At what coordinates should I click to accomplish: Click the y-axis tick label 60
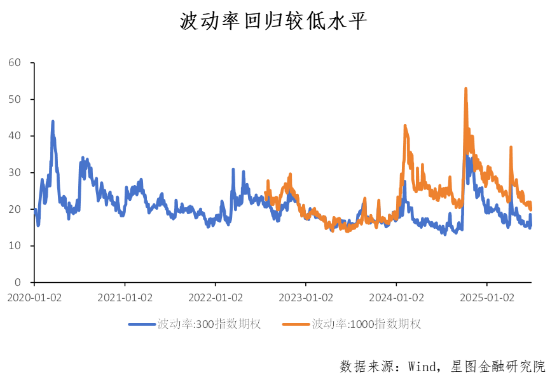(15, 63)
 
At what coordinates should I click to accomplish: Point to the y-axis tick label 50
(15, 100)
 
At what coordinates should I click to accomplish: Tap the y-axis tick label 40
(15, 136)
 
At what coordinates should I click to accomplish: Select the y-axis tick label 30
(15, 173)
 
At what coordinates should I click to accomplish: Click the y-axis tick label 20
(15, 209)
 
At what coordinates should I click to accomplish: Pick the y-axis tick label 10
(15, 246)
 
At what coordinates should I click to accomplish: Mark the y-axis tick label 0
(17, 282)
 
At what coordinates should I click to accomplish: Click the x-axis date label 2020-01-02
(34, 297)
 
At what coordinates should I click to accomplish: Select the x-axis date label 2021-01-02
(125, 297)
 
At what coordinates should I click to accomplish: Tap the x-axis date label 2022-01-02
(216, 297)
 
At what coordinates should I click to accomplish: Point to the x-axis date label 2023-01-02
(306, 297)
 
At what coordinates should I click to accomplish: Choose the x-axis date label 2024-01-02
(397, 297)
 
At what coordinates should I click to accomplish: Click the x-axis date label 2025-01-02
(488, 297)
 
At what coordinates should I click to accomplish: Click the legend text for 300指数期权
(209, 324)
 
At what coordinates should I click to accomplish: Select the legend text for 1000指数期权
(366, 324)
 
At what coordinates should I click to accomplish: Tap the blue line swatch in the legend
(142, 324)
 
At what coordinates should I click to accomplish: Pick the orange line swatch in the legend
(296, 324)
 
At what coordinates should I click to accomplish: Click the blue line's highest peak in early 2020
(53, 121)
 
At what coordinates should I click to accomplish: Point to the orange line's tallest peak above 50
(466, 88)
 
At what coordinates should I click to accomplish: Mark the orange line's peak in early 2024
(405, 126)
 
